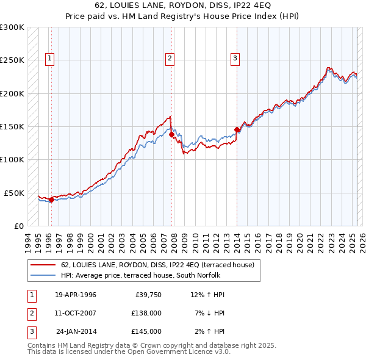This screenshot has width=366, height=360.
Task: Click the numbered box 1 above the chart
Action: [x=49, y=59]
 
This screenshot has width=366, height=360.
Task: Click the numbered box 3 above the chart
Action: [x=235, y=59]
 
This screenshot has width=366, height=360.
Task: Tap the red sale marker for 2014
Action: [x=237, y=129]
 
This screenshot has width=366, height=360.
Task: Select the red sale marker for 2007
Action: [x=171, y=134]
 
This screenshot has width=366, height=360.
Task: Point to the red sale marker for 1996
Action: [x=51, y=199]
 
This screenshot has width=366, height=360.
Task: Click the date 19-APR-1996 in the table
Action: [x=75, y=295]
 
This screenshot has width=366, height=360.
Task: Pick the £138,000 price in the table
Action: [x=146, y=313]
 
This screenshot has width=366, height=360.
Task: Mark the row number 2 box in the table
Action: [x=30, y=313]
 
